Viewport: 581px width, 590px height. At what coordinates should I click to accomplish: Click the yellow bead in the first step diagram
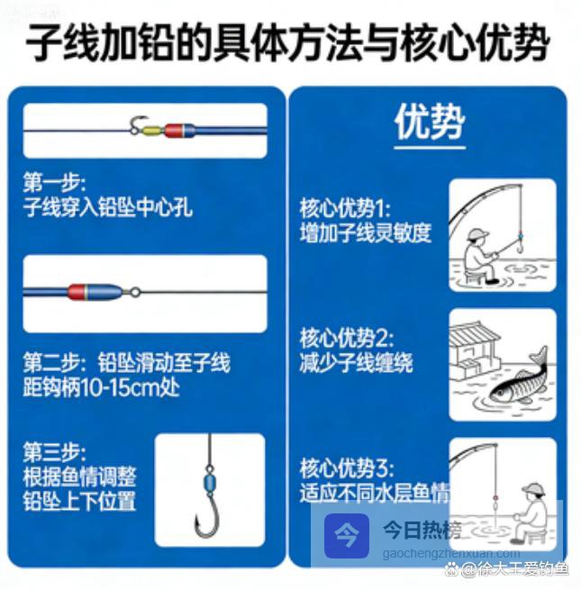(x=153, y=131)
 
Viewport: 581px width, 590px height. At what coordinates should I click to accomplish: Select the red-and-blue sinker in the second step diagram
(x=95, y=292)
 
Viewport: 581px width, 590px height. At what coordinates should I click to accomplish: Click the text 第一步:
(x=54, y=182)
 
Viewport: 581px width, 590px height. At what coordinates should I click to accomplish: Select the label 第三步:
(x=54, y=453)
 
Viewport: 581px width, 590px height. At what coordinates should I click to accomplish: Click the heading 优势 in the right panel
(x=430, y=122)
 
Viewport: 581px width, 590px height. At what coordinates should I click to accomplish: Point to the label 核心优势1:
(x=345, y=208)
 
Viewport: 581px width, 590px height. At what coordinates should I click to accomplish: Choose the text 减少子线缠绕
(x=356, y=363)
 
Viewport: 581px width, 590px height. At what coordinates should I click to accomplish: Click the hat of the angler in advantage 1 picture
(x=477, y=235)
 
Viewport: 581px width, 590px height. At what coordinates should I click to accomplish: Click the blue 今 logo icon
(x=347, y=535)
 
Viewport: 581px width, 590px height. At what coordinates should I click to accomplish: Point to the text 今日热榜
(x=422, y=530)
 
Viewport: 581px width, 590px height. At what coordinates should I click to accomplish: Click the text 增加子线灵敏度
(x=366, y=233)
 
